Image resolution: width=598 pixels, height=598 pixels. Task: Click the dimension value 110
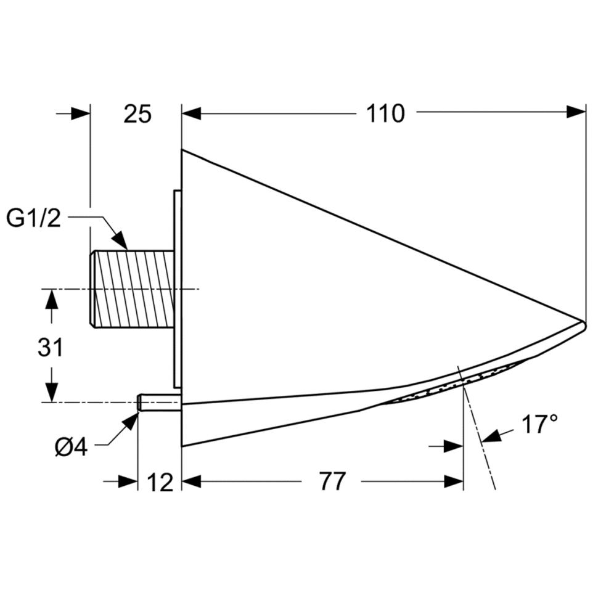pyautogui.click(x=385, y=113)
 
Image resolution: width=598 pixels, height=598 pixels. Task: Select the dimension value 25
pyautogui.click(x=137, y=113)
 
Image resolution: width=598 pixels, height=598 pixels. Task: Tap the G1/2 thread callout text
pyautogui.click(x=34, y=218)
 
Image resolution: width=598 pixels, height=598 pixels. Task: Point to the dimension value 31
pyautogui.click(x=51, y=348)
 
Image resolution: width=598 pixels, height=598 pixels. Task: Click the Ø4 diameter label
pyautogui.click(x=71, y=447)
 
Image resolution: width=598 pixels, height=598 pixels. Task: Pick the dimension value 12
pyautogui.click(x=160, y=483)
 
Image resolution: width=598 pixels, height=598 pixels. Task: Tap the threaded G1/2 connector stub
pyautogui.click(x=133, y=289)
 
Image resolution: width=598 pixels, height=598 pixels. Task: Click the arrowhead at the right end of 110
pyautogui.click(x=576, y=112)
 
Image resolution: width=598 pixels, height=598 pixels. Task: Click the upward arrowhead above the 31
pyautogui.click(x=51, y=299)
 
